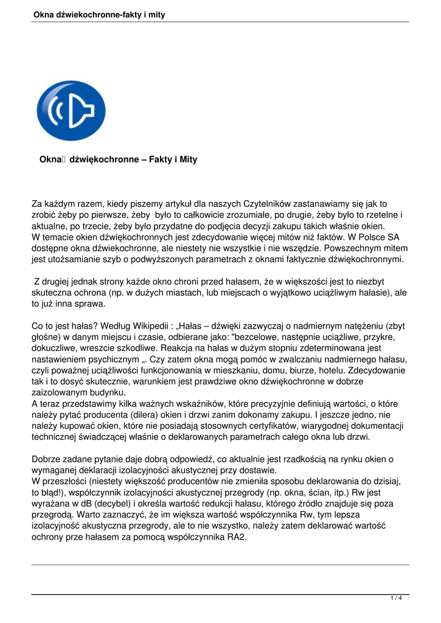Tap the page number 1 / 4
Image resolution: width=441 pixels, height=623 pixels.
[x=396, y=598]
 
